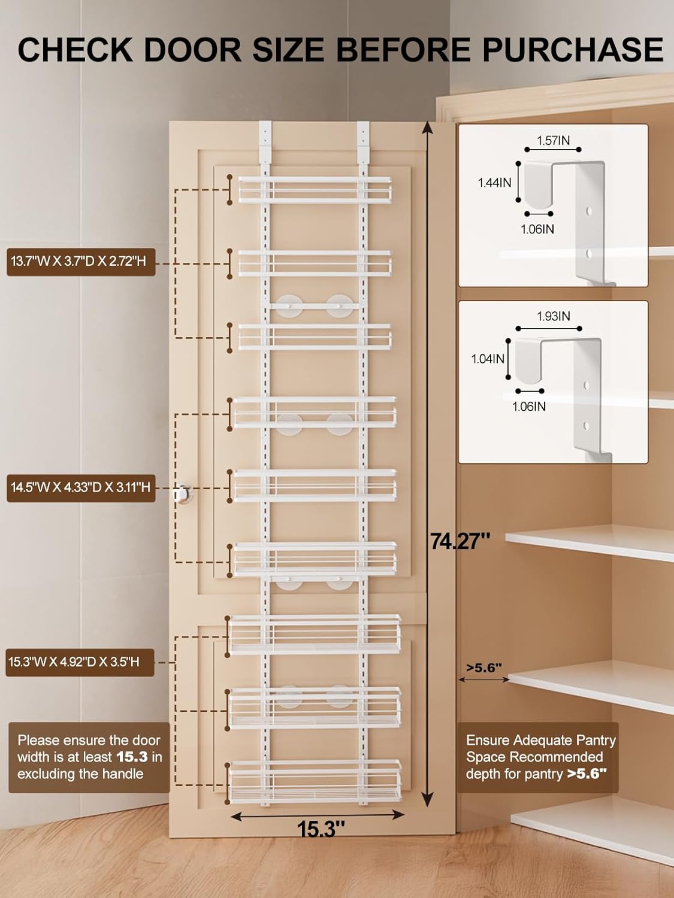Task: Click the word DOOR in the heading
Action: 191,49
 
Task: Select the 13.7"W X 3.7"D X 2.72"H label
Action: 78,262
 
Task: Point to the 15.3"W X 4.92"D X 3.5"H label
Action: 74,662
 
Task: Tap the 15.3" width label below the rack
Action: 321,829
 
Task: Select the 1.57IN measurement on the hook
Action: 553,141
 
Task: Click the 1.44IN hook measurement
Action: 494,183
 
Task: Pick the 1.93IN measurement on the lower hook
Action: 553,316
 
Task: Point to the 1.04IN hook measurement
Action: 488,359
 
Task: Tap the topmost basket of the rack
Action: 315,190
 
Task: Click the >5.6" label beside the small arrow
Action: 484,668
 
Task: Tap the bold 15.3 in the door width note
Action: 132,757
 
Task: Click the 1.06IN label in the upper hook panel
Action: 537,229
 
